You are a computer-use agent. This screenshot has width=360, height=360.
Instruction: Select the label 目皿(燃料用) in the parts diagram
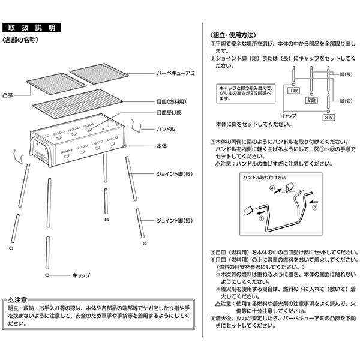coord(172,103)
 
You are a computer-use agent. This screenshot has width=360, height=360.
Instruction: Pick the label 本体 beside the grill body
coord(162,145)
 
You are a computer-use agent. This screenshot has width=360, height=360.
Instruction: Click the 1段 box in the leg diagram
coord(293,90)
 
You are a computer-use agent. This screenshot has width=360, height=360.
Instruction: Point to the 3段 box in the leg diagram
coord(328,118)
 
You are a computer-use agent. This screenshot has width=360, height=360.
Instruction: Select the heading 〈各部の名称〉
coord(21,40)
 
